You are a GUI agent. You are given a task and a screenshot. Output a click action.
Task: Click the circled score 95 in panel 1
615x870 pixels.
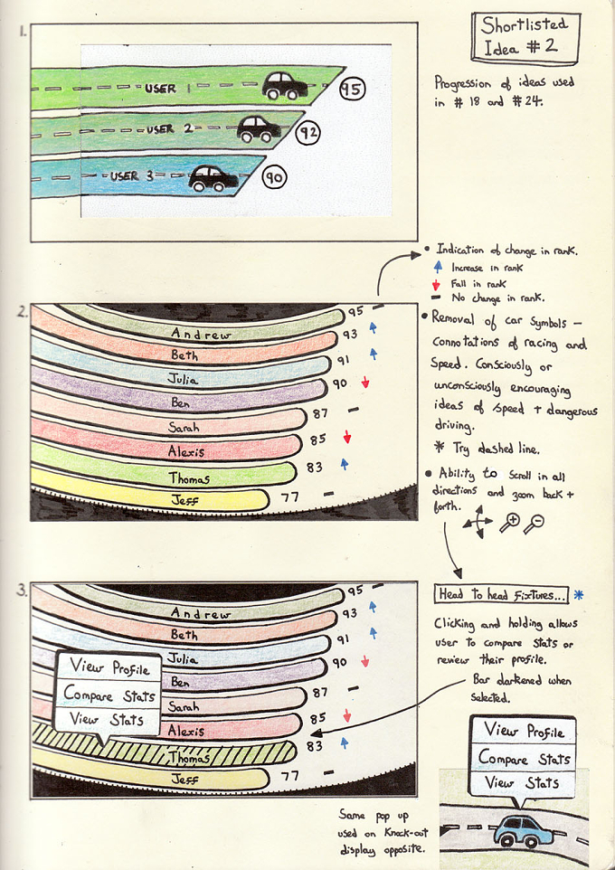point(351,89)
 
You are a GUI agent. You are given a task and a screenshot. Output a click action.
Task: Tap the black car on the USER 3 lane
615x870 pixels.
point(213,178)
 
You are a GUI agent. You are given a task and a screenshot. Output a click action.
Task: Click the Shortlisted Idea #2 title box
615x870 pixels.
point(525,37)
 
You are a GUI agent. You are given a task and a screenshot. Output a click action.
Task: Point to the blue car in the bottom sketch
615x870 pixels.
point(523,830)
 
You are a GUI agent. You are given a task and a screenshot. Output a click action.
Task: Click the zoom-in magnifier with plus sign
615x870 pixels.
point(509,524)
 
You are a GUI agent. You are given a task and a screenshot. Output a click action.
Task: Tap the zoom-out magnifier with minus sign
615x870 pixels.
point(534,524)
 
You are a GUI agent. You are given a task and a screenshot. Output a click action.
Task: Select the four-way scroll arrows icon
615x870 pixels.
point(478,522)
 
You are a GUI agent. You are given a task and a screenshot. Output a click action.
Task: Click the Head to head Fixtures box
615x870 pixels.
point(501,595)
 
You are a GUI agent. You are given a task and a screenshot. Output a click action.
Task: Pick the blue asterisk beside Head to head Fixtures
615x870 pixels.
point(578,595)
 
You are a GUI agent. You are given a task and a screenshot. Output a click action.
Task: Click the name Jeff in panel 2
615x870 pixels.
point(184,500)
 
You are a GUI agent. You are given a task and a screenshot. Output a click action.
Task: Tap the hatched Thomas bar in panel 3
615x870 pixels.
point(165,753)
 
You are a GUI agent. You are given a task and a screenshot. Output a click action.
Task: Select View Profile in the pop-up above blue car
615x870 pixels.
point(524,731)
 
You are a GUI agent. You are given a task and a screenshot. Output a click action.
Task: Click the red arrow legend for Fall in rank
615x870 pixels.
point(436,285)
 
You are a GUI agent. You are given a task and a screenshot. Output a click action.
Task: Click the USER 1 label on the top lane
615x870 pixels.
point(167,89)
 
